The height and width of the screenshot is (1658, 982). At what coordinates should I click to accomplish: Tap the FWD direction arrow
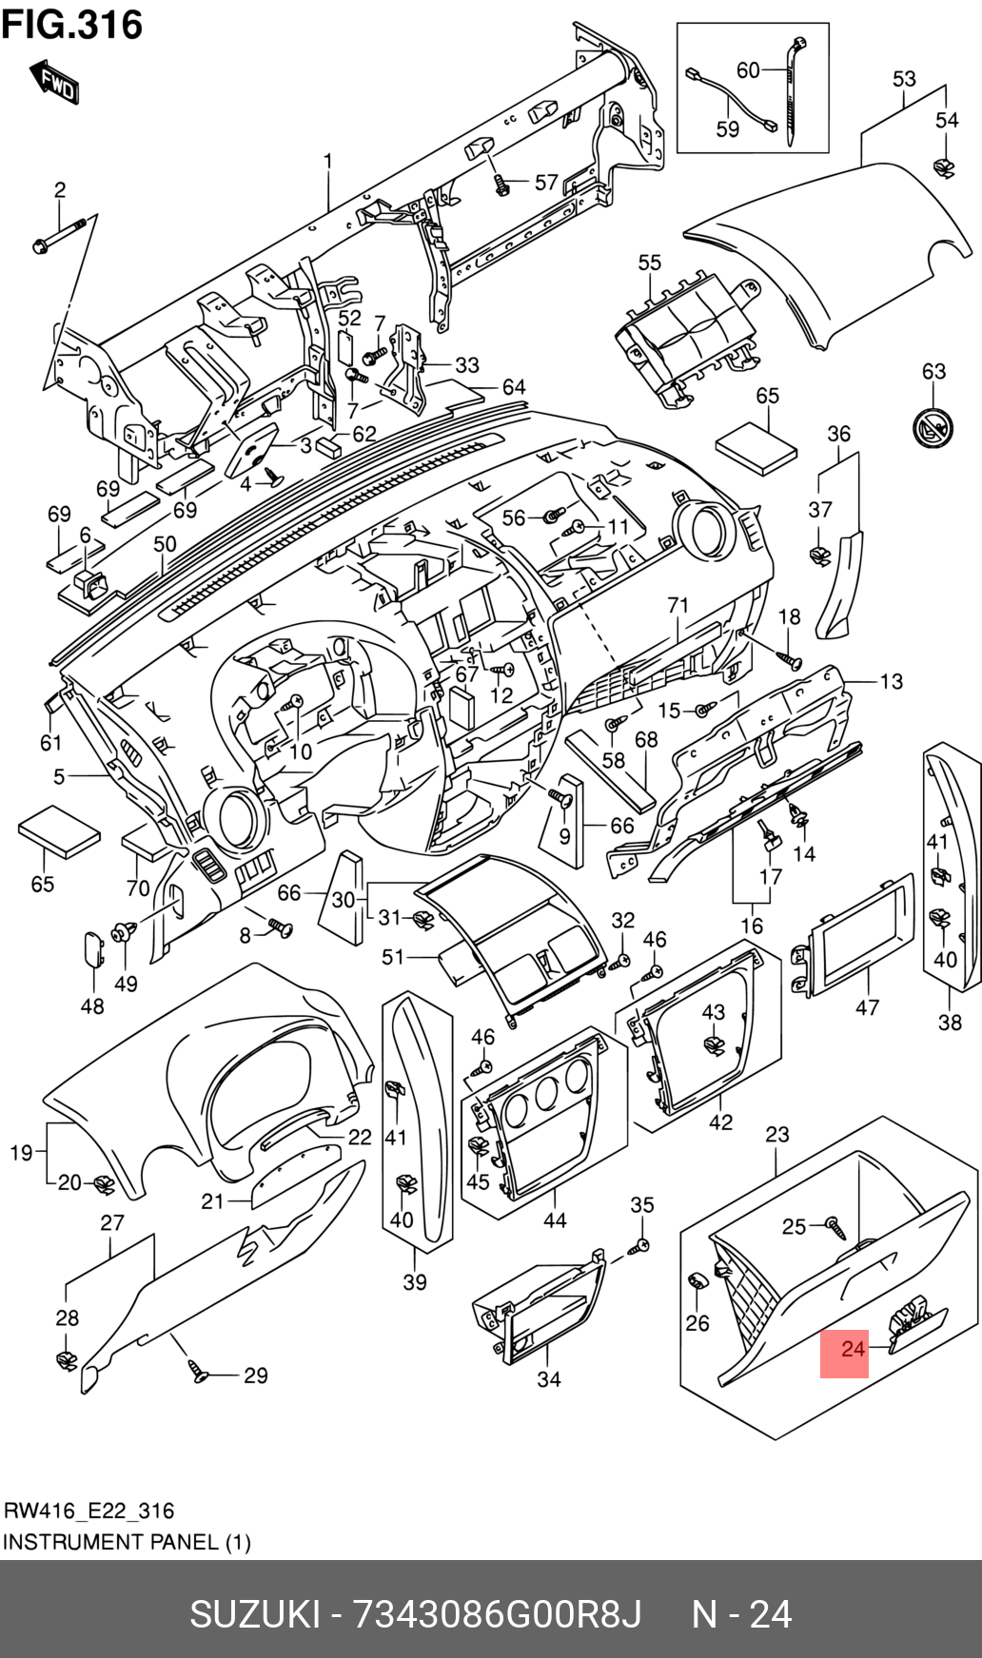(x=55, y=83)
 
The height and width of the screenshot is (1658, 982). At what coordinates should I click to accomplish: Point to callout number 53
(x=904, y=79)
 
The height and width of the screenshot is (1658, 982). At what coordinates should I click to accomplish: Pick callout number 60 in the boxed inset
(x=748, y=69)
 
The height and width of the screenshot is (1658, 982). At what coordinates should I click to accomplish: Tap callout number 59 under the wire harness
(x=727, y=128)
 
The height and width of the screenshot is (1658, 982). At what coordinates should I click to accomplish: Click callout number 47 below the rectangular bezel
(x=867, y=1006)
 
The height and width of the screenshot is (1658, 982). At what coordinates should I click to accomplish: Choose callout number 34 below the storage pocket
(x=549, y=1378)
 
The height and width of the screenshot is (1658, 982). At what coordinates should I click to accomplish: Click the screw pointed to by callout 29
(x=199, y=1371)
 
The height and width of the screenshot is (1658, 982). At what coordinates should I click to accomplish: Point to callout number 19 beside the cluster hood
(x=21, y=1153)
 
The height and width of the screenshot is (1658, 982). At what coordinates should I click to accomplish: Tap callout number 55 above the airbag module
(x=649, y=263)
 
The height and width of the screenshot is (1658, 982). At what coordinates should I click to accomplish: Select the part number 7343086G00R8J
(x=498, y=1614)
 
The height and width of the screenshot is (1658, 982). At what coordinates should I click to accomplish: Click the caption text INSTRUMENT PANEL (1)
(x=127, y=1542)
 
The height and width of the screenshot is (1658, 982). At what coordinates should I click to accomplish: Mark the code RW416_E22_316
(x=89, y=1511)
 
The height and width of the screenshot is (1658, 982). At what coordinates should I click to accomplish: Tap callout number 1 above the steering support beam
(x=328, y=161)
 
